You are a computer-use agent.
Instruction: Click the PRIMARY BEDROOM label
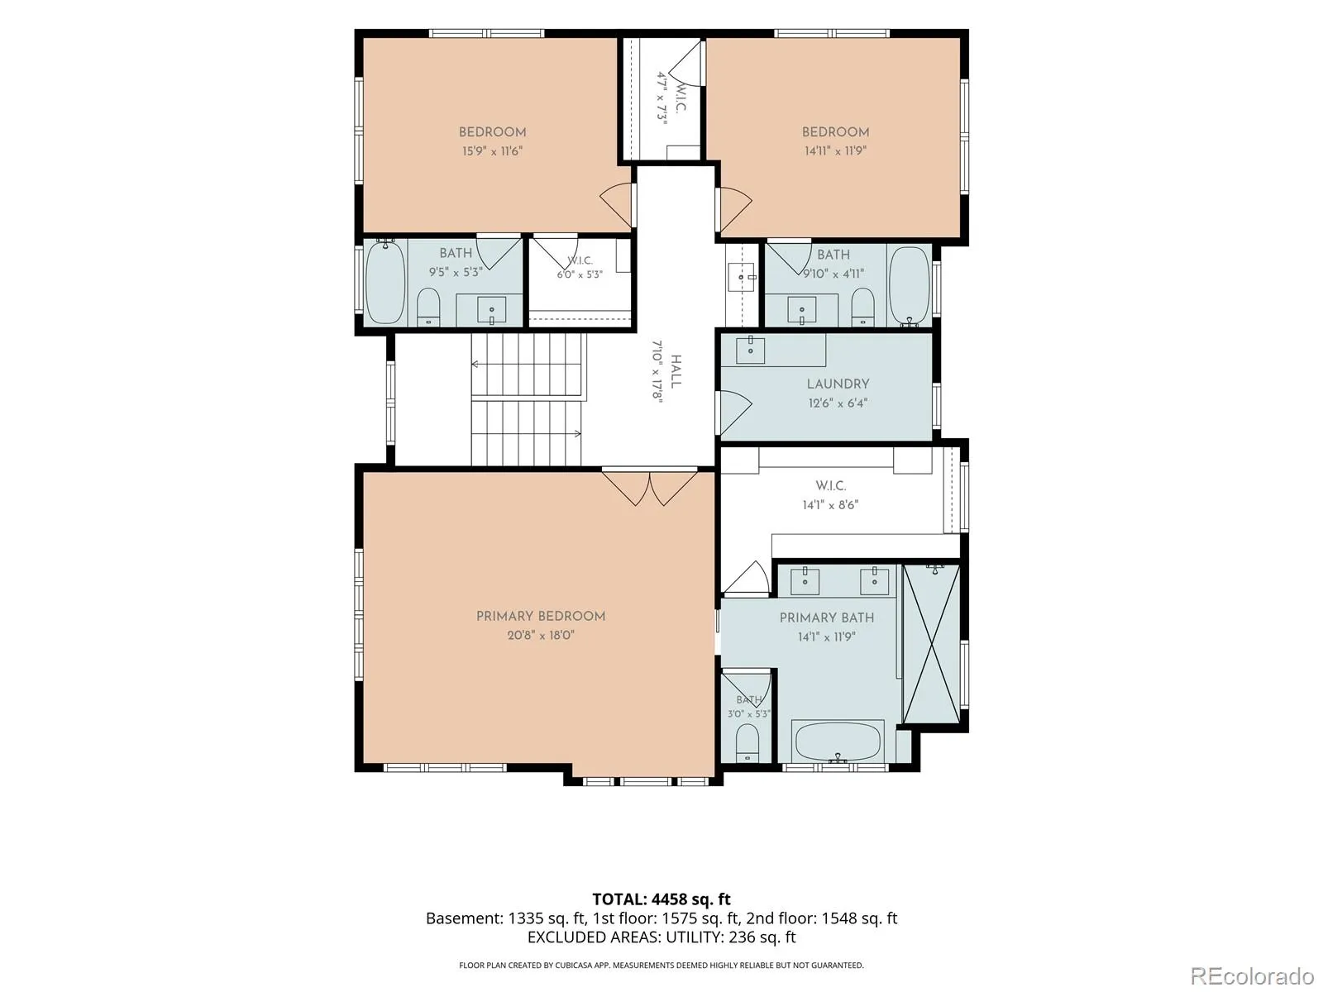[540, 616]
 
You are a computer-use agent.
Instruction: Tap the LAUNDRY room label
[838, 384]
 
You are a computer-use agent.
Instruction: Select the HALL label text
[676, 372]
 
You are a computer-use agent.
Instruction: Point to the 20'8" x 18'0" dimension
[541, 635]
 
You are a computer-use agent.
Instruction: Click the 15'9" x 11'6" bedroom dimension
[492, 150]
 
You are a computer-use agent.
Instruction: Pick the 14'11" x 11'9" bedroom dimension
[835, 150]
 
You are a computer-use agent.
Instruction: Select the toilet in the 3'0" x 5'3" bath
[748, 742]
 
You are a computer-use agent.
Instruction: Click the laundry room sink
[751, 349]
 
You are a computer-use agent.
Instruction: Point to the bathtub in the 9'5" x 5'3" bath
[385, 282]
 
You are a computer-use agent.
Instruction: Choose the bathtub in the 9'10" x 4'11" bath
[909, 285]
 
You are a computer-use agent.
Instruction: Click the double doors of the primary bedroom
[650, 487]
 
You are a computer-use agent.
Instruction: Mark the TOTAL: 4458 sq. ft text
[661, 899]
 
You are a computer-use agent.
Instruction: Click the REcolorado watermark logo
[1253, 975]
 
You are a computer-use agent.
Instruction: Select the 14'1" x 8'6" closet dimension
[830, 505]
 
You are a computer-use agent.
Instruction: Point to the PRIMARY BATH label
[826, 618]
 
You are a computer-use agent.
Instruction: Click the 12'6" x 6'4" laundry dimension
[838, 403]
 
